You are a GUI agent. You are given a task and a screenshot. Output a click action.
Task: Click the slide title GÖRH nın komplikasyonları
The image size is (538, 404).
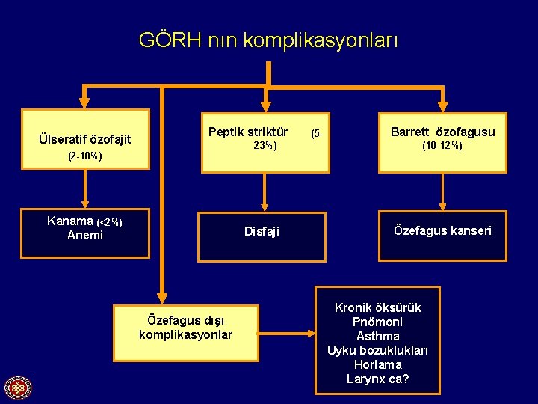coord(268,40)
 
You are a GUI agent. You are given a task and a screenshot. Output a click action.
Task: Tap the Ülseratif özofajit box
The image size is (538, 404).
coord(85,138)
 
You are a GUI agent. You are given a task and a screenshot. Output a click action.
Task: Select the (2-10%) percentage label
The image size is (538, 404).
coord(84,157)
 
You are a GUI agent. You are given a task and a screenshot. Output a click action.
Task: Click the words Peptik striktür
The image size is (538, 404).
coord(248,132)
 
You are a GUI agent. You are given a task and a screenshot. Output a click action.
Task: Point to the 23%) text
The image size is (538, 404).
coord(265,146)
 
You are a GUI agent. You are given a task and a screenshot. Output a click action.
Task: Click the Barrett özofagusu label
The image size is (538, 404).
coord(442,132)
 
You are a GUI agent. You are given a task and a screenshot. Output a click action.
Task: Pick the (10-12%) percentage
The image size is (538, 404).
coord(442,146)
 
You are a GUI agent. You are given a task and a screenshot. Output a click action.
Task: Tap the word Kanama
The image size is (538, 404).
coord(69,221)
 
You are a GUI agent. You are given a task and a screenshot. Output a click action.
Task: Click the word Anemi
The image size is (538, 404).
coord(85,235)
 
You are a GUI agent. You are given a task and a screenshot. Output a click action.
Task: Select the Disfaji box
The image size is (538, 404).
coord(262,232)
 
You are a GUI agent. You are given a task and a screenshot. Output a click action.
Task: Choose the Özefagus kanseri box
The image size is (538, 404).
coord(442,230)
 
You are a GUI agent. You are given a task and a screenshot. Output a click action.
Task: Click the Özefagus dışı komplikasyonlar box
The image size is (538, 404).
coord(185,328)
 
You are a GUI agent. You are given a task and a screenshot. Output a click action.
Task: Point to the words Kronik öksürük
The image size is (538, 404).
coord(378,307)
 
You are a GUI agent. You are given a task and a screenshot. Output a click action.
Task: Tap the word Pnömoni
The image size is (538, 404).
coord(378,322)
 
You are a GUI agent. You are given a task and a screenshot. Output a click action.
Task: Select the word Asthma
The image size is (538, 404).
coord(378,336)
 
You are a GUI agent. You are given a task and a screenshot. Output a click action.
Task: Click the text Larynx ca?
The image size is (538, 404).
coord(378,379)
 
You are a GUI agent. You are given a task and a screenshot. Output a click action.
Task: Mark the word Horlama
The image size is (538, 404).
coord(378,364)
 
